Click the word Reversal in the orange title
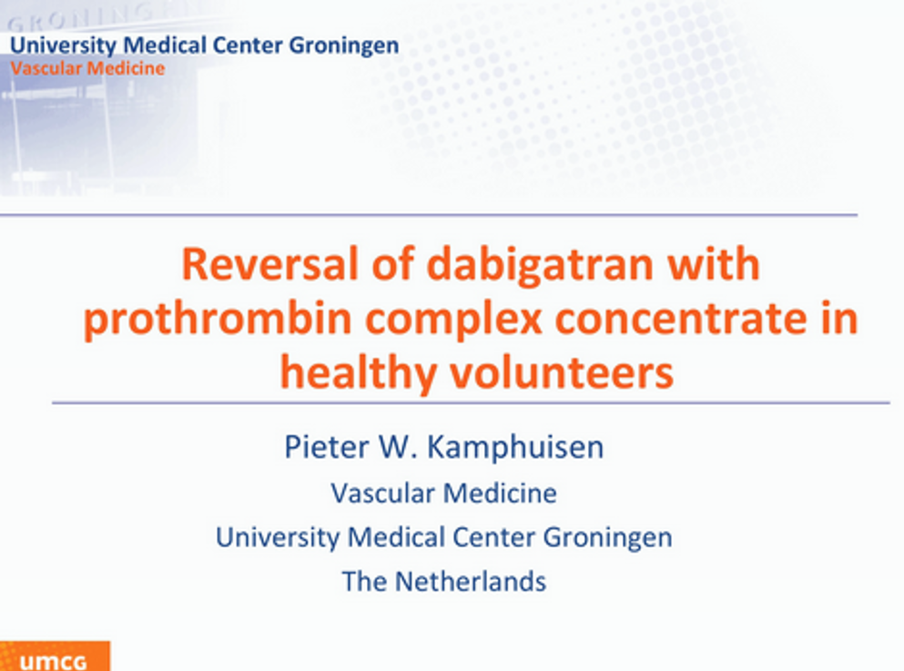tap(269, 264)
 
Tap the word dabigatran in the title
tap(540, 264)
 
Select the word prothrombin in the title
tap(218, 319)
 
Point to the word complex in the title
tap(453, 319)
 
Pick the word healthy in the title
tap(358, 372)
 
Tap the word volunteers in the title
tap(561, 372)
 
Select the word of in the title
tap(392, 264)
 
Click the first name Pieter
tap(326, 447)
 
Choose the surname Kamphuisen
tap(515, 448)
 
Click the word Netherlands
tap(470, 581)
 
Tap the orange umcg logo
tap(55, 656)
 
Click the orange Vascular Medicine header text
tap(87, 68)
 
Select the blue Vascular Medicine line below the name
tap(444, 493)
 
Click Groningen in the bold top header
tap(343, 46)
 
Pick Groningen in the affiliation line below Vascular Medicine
tap(607, 538)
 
